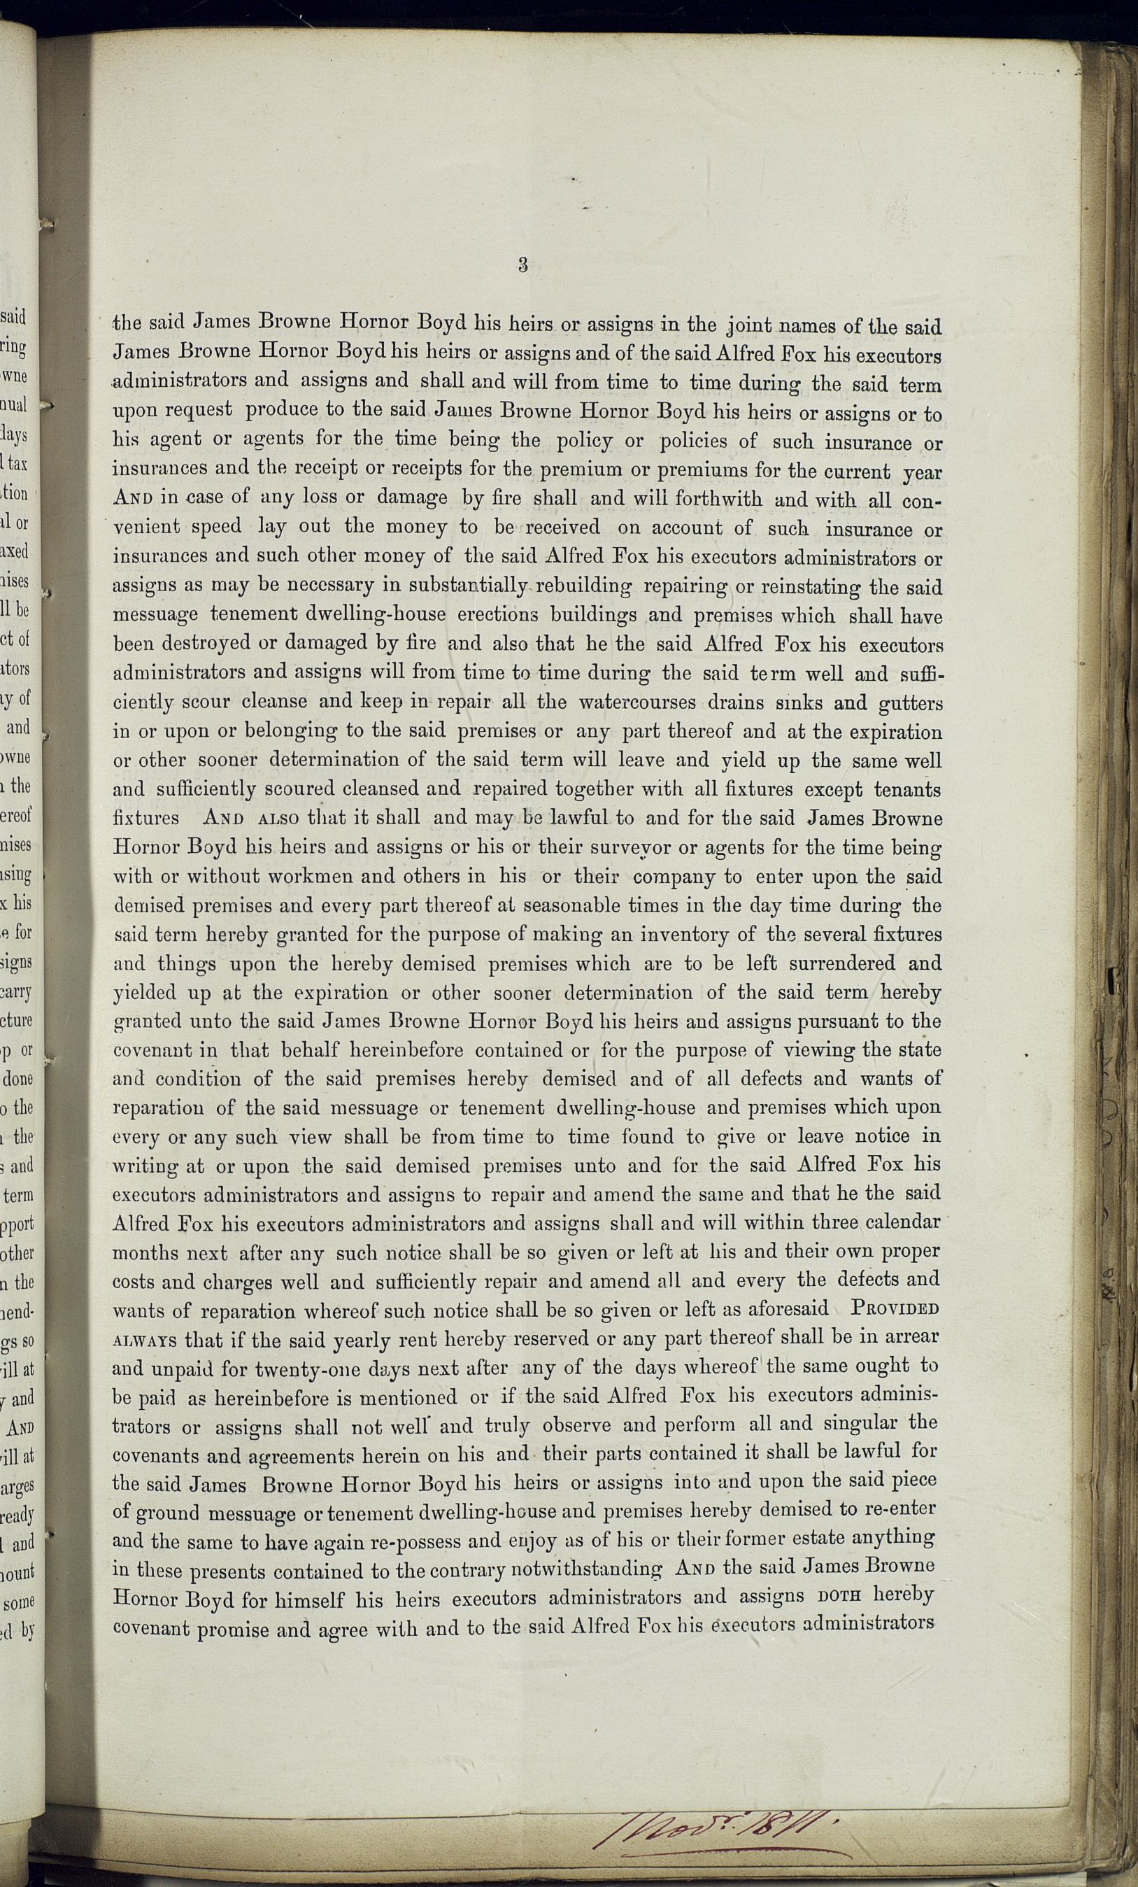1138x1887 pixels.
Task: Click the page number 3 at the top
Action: click(523, 265)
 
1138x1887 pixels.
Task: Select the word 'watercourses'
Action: click(638, 702)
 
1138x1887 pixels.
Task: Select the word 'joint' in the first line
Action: click(749, 326)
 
